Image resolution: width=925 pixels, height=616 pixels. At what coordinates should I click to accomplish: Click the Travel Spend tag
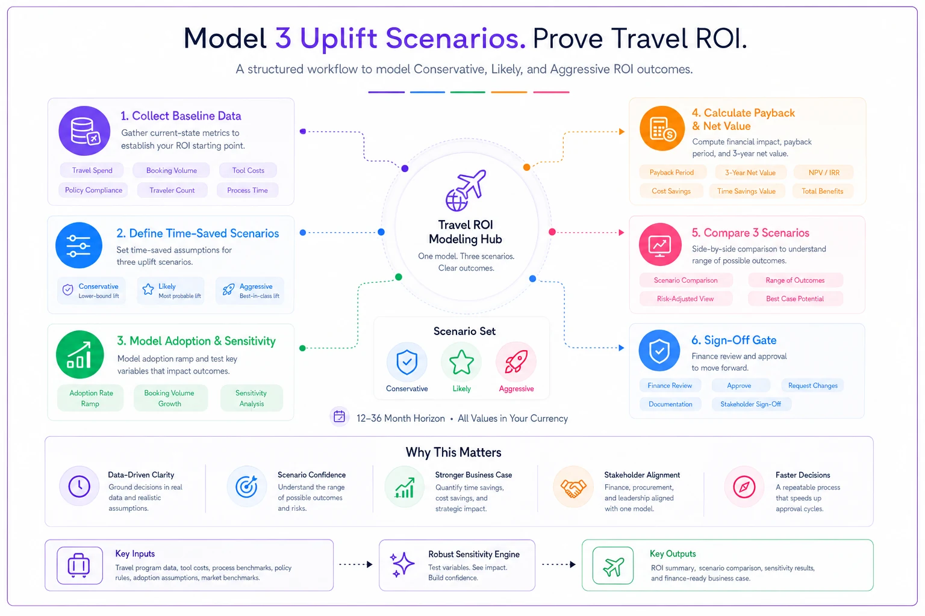click(x=92, y=170)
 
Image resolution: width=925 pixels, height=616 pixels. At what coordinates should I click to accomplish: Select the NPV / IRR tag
click(x=824, y=173)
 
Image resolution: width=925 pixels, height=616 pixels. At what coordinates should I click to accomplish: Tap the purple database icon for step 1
click(x=84, y=131)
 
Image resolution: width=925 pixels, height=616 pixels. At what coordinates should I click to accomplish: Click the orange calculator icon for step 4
click(x=662, y=128)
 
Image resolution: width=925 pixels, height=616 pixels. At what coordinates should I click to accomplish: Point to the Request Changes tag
click(x=812, y=386)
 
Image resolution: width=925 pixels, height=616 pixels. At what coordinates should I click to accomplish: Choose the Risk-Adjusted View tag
click(x=685, y=299)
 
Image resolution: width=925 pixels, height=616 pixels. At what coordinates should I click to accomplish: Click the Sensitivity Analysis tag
click(x=252, y=398)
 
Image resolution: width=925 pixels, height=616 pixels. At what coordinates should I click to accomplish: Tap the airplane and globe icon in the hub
click(x=466, y=189)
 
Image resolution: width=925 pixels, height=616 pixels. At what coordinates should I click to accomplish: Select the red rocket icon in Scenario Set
click(x=515, y=362)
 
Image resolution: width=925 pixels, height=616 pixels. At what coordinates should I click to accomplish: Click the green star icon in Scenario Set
click(x=461, y=362)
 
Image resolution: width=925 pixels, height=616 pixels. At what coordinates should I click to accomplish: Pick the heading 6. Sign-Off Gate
click(x=734, y=340)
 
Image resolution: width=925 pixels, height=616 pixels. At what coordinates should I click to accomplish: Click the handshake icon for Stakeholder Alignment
click(x=573, y=487)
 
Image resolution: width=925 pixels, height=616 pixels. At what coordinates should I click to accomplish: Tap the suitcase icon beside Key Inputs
click(x=79, y=565)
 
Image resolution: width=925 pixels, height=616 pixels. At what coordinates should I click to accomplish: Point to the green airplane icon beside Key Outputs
click(x=613, y=565)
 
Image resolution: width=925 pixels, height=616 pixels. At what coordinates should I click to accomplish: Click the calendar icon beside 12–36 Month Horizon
click(x=340, y=417)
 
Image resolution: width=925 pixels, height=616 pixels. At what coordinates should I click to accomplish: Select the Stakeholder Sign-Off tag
click(x=751, y=404)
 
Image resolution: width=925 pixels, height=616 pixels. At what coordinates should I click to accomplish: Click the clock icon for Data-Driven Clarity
click(x=79, y=487)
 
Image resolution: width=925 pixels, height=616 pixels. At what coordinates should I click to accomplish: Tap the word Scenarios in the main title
click(x=455, y=38)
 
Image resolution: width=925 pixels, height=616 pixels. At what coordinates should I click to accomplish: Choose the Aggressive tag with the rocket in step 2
click(x=251, y=291)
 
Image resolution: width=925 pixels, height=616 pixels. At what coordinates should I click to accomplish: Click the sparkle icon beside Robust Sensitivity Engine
click(x=402, y=564)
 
